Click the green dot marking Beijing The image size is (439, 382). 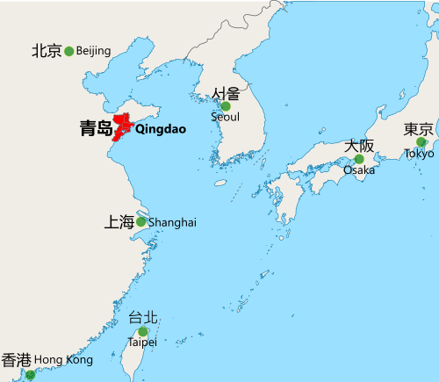coord(69,51)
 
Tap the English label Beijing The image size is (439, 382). coord(94,51)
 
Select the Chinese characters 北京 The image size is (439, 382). coord(47,51)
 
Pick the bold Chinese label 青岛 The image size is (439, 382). coord(96,129)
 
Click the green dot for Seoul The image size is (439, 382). coord(226,106)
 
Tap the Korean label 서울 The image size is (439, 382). coord(226,93)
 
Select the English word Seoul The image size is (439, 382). coord(225,117)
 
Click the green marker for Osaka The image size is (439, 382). coord(359,159)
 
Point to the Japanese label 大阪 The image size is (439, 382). coord(359,146)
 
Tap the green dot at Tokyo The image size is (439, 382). coord(421,141)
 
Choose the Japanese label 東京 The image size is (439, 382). coord(418,129)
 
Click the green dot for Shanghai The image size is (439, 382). coord(141,222)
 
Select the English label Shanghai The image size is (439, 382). coord(172,223)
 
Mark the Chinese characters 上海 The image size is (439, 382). coord(119,222)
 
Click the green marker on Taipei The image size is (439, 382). coord(143,331)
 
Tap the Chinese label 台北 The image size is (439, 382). coord(143,318)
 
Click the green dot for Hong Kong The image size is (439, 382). coord(31,375)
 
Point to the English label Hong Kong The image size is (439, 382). coord(64,360)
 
